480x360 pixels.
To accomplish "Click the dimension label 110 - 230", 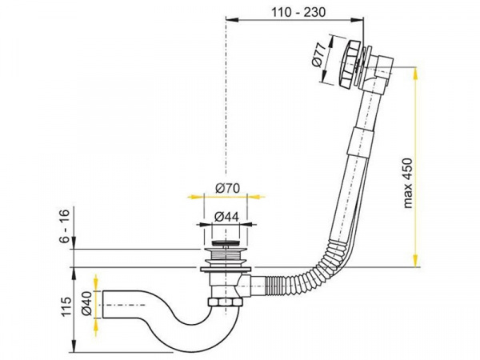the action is [x=298, y=12].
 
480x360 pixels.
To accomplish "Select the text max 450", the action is [x=408, y=183].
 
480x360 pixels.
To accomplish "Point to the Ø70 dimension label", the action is [x=227, y=188].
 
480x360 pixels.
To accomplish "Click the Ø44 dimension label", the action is [x=226, y=217].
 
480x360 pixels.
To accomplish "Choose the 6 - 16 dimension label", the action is [x=65, y=225].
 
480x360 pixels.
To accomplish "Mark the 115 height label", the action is [x=66, y=306].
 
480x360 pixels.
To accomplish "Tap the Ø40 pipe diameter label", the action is [x=86, y=303].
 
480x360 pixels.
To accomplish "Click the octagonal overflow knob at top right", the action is [x=346, y=65].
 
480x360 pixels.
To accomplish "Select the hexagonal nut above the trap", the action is [x=226, y=302].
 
